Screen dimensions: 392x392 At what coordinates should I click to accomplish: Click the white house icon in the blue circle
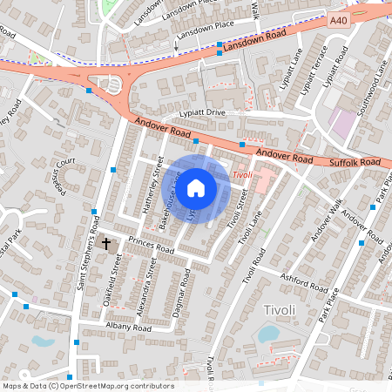pos(197,186)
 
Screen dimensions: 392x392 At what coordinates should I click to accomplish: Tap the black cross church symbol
pos(107,244)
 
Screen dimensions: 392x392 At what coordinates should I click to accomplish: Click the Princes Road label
pos(151,246)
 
